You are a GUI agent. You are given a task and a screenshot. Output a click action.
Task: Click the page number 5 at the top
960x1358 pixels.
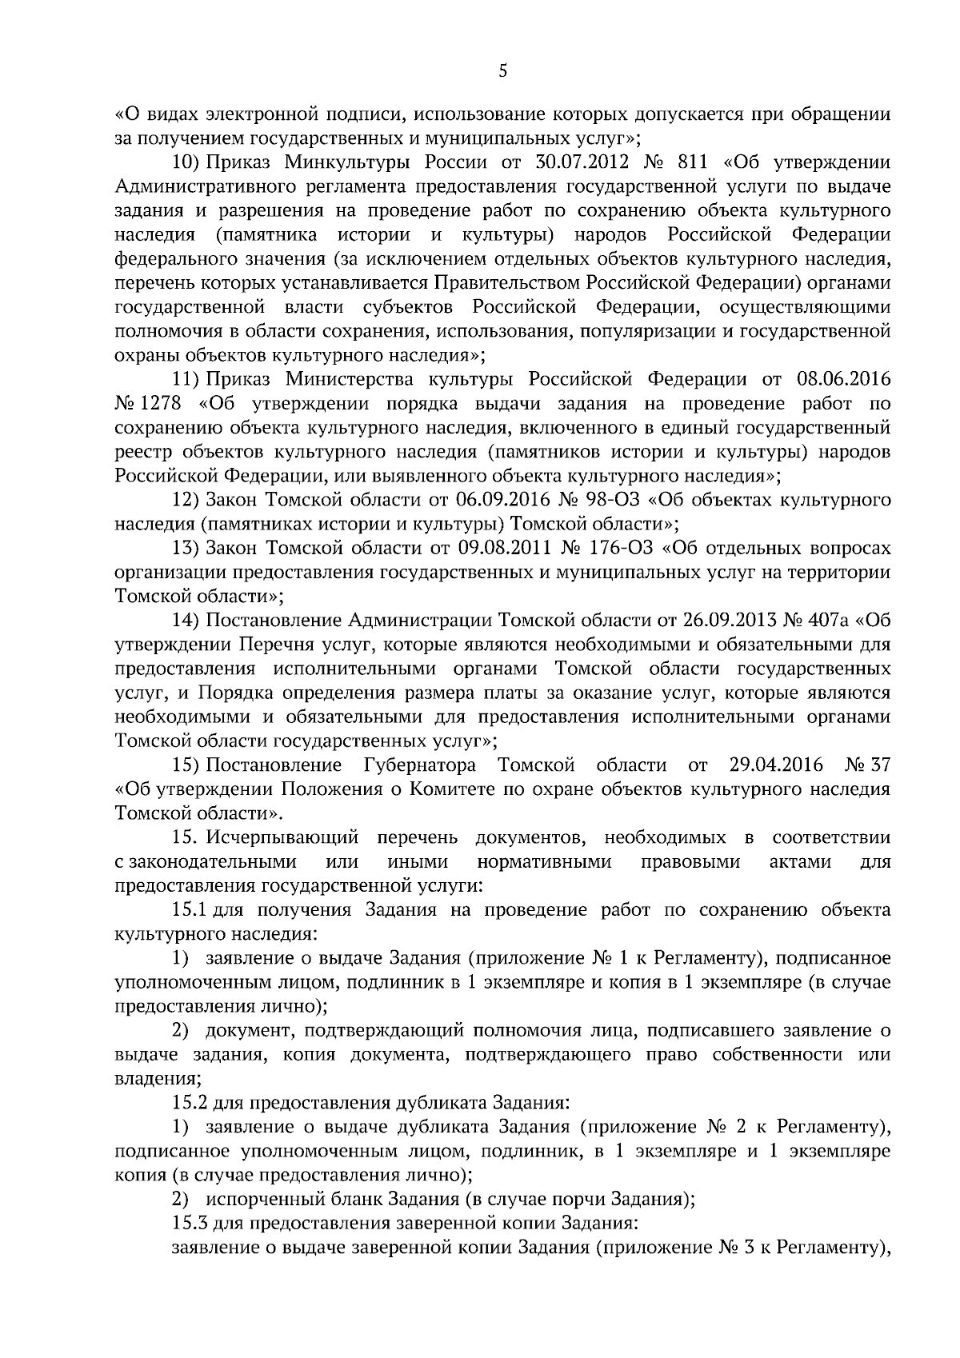[502, 72]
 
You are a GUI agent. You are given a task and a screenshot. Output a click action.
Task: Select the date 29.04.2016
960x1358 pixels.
[776, 765]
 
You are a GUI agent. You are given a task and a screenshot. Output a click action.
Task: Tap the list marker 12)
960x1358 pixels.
[186, 501]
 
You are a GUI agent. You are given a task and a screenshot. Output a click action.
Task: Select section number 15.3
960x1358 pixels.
[190, 1224]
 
